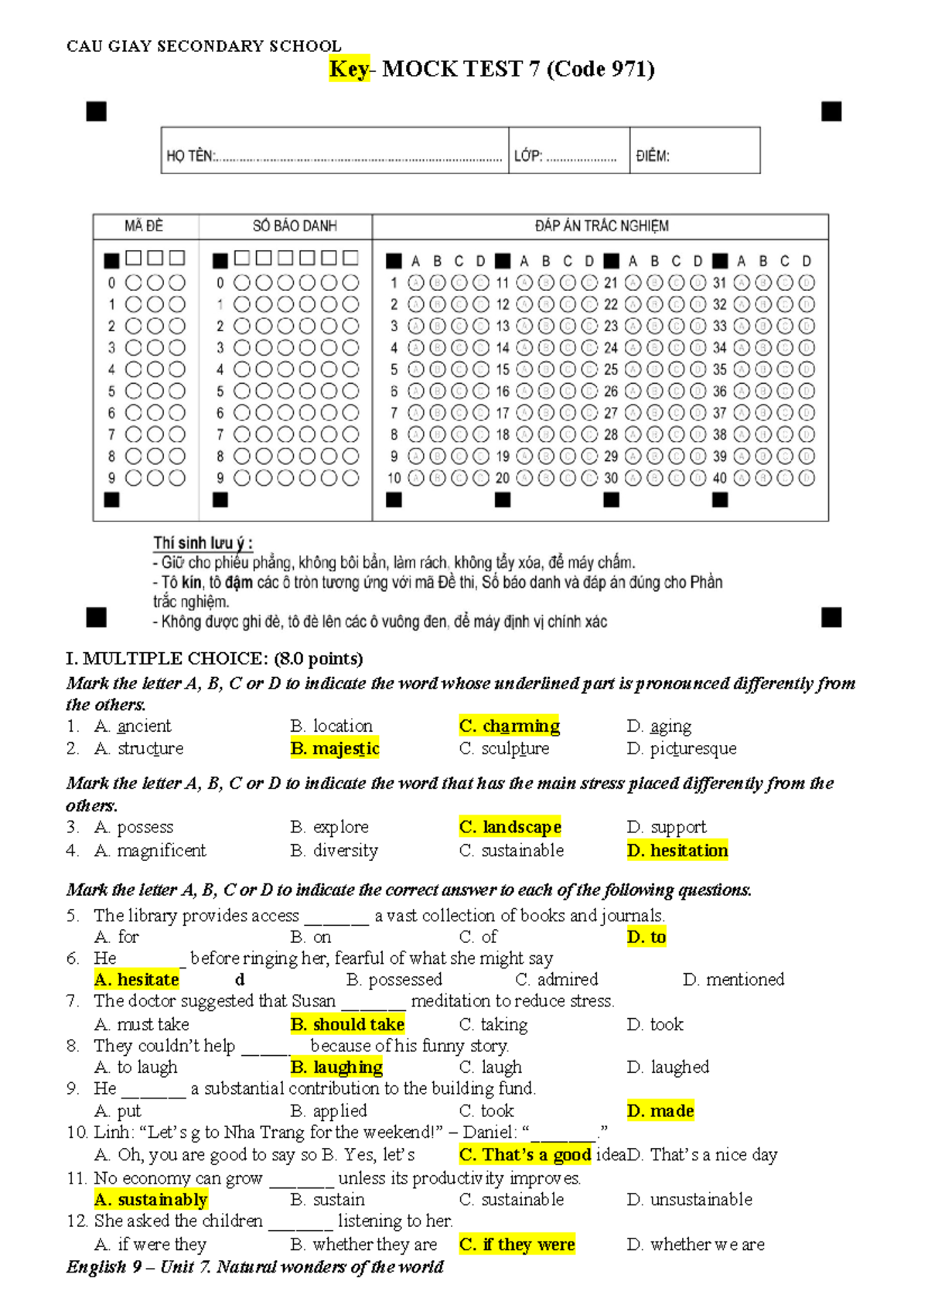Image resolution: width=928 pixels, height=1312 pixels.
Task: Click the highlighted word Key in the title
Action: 349,70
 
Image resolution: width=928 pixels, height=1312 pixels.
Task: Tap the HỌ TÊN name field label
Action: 190,155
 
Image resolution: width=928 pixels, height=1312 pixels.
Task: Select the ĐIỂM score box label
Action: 653,155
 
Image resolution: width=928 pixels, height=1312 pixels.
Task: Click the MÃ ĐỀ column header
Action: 144,226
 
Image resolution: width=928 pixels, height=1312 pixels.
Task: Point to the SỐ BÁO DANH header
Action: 295,226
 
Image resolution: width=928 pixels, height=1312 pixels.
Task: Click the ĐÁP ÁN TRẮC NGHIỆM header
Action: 602,226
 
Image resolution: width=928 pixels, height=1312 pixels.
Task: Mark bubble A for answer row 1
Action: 416,283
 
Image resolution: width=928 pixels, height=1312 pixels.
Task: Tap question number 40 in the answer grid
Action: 719,478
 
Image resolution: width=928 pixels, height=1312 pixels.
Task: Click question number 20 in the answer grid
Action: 503,478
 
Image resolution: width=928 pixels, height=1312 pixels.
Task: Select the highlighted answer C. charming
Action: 509,726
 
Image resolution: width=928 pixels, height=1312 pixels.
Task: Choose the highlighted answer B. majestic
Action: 335,748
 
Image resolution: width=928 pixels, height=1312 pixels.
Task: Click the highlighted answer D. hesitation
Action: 677,850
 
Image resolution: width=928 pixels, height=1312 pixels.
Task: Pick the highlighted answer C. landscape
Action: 510,827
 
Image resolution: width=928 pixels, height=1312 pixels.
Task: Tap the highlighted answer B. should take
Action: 347,1024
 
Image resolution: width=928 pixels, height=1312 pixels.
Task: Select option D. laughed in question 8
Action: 668,1067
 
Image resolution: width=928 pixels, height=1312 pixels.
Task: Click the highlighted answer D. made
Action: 660,1111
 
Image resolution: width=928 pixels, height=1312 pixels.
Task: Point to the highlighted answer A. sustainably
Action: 151,1199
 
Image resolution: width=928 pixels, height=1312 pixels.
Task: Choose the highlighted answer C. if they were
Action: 517,1244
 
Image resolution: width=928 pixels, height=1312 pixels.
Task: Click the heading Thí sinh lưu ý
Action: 203,543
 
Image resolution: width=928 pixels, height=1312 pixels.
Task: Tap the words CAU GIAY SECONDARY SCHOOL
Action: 204,46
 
